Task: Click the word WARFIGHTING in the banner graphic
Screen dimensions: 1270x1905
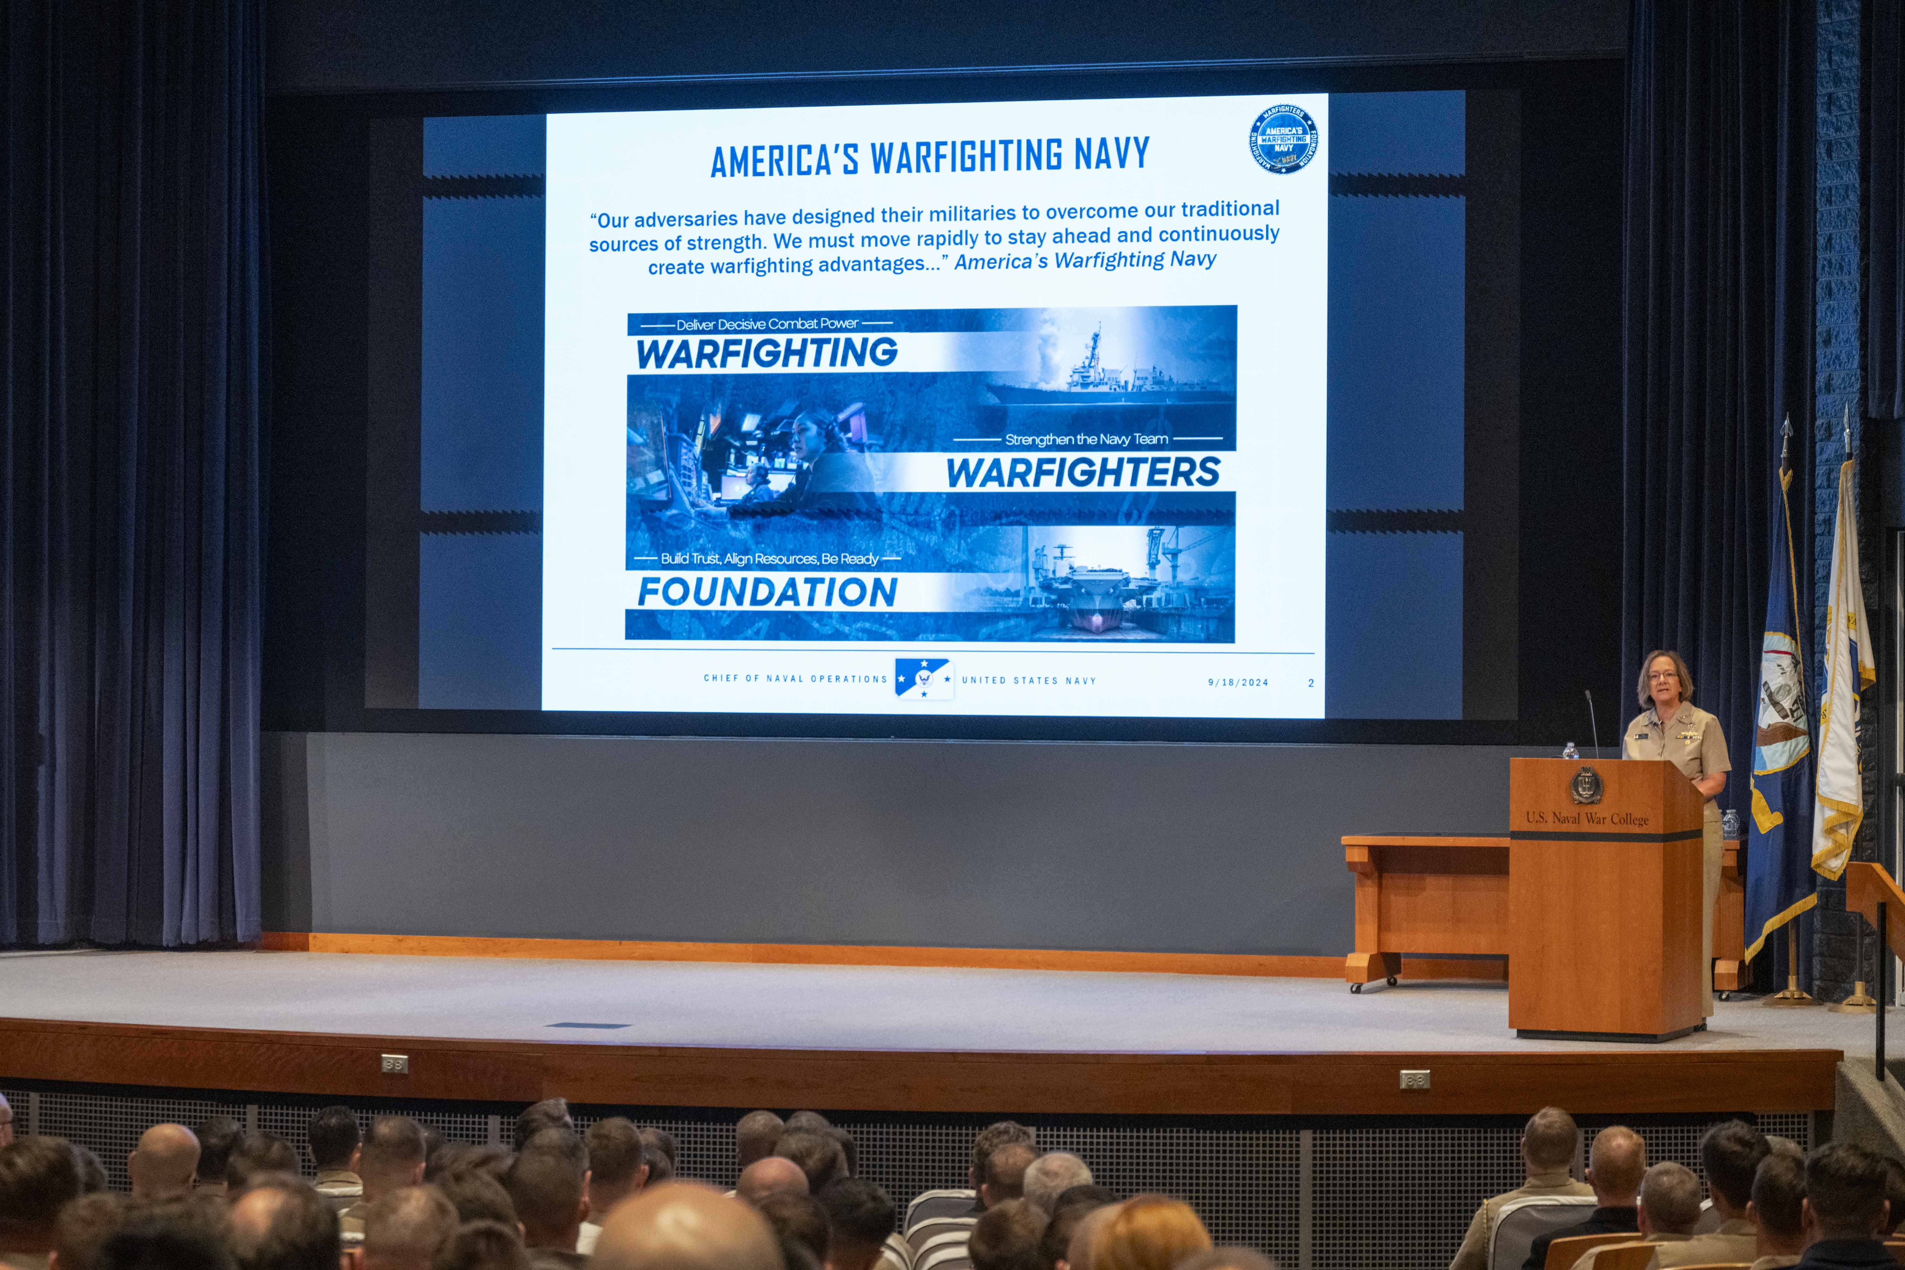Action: [x=766, y=353]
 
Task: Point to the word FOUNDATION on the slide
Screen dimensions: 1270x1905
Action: [x=767, y=592]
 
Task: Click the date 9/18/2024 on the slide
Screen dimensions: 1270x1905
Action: [x=1238, y=682]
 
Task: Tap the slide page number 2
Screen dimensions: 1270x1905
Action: [x=1311, y=683]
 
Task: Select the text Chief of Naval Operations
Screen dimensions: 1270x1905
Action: [x=795, y=679]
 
